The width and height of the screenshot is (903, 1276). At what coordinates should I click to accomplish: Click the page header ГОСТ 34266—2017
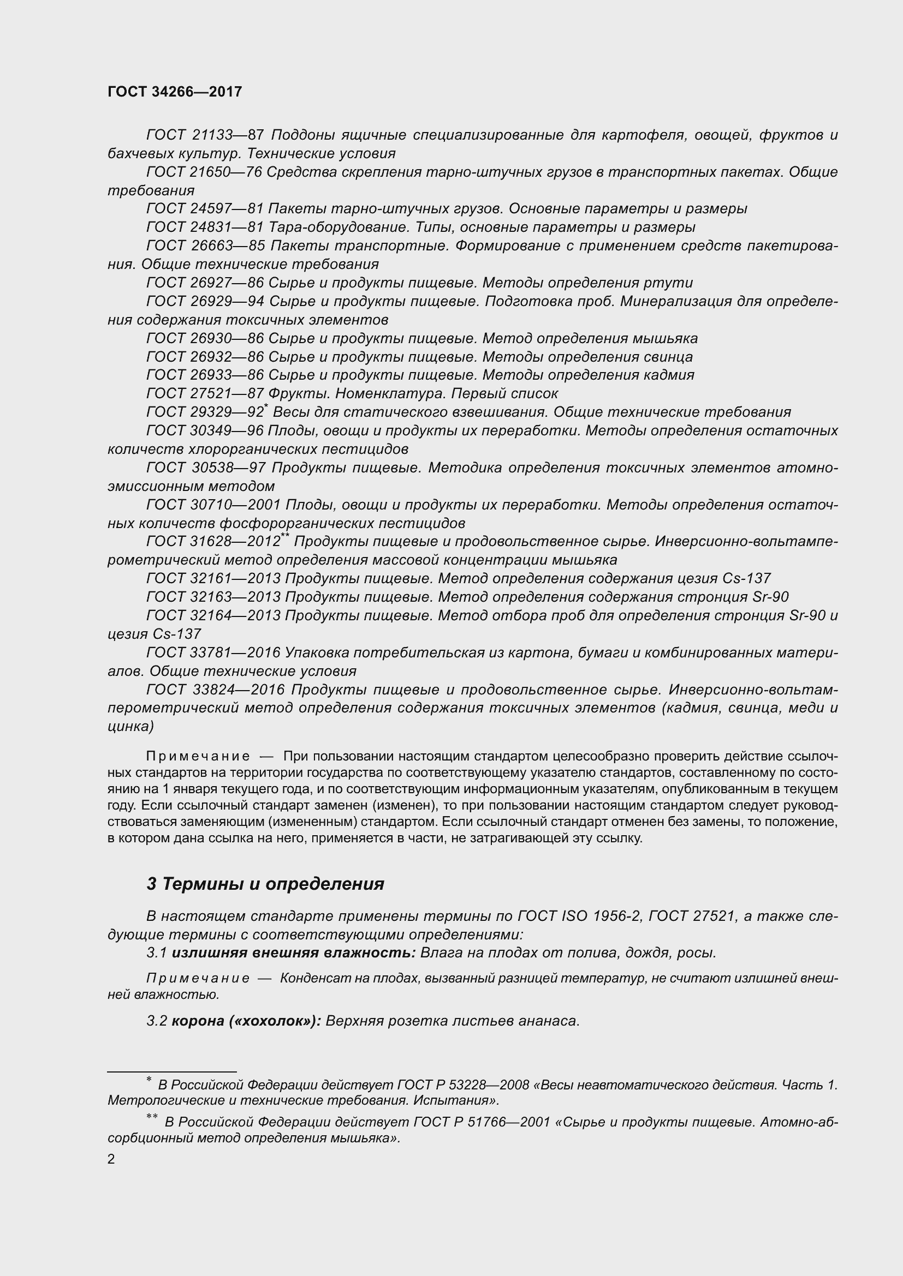tap(175, 92)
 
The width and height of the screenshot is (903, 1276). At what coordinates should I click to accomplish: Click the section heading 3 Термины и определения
tap(265, 884)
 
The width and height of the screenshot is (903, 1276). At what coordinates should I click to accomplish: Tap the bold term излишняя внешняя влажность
tap(294, 953)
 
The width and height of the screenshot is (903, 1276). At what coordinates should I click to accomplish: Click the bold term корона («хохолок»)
tap(246, 1021)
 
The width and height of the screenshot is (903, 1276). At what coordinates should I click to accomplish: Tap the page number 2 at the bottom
tap(111, 1159)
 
